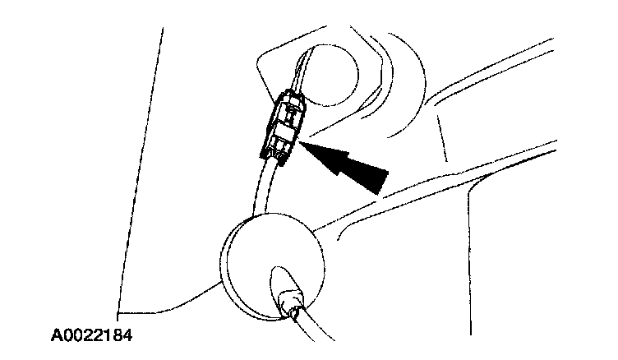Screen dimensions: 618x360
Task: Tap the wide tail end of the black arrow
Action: click(x=376, y=181)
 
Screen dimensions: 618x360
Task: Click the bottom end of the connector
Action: click(x=274, y=155)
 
